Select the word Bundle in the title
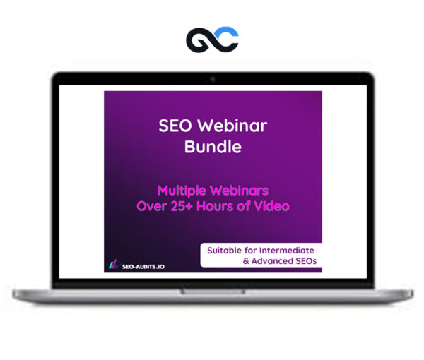(213, 148)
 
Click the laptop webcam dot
(212, 78)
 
